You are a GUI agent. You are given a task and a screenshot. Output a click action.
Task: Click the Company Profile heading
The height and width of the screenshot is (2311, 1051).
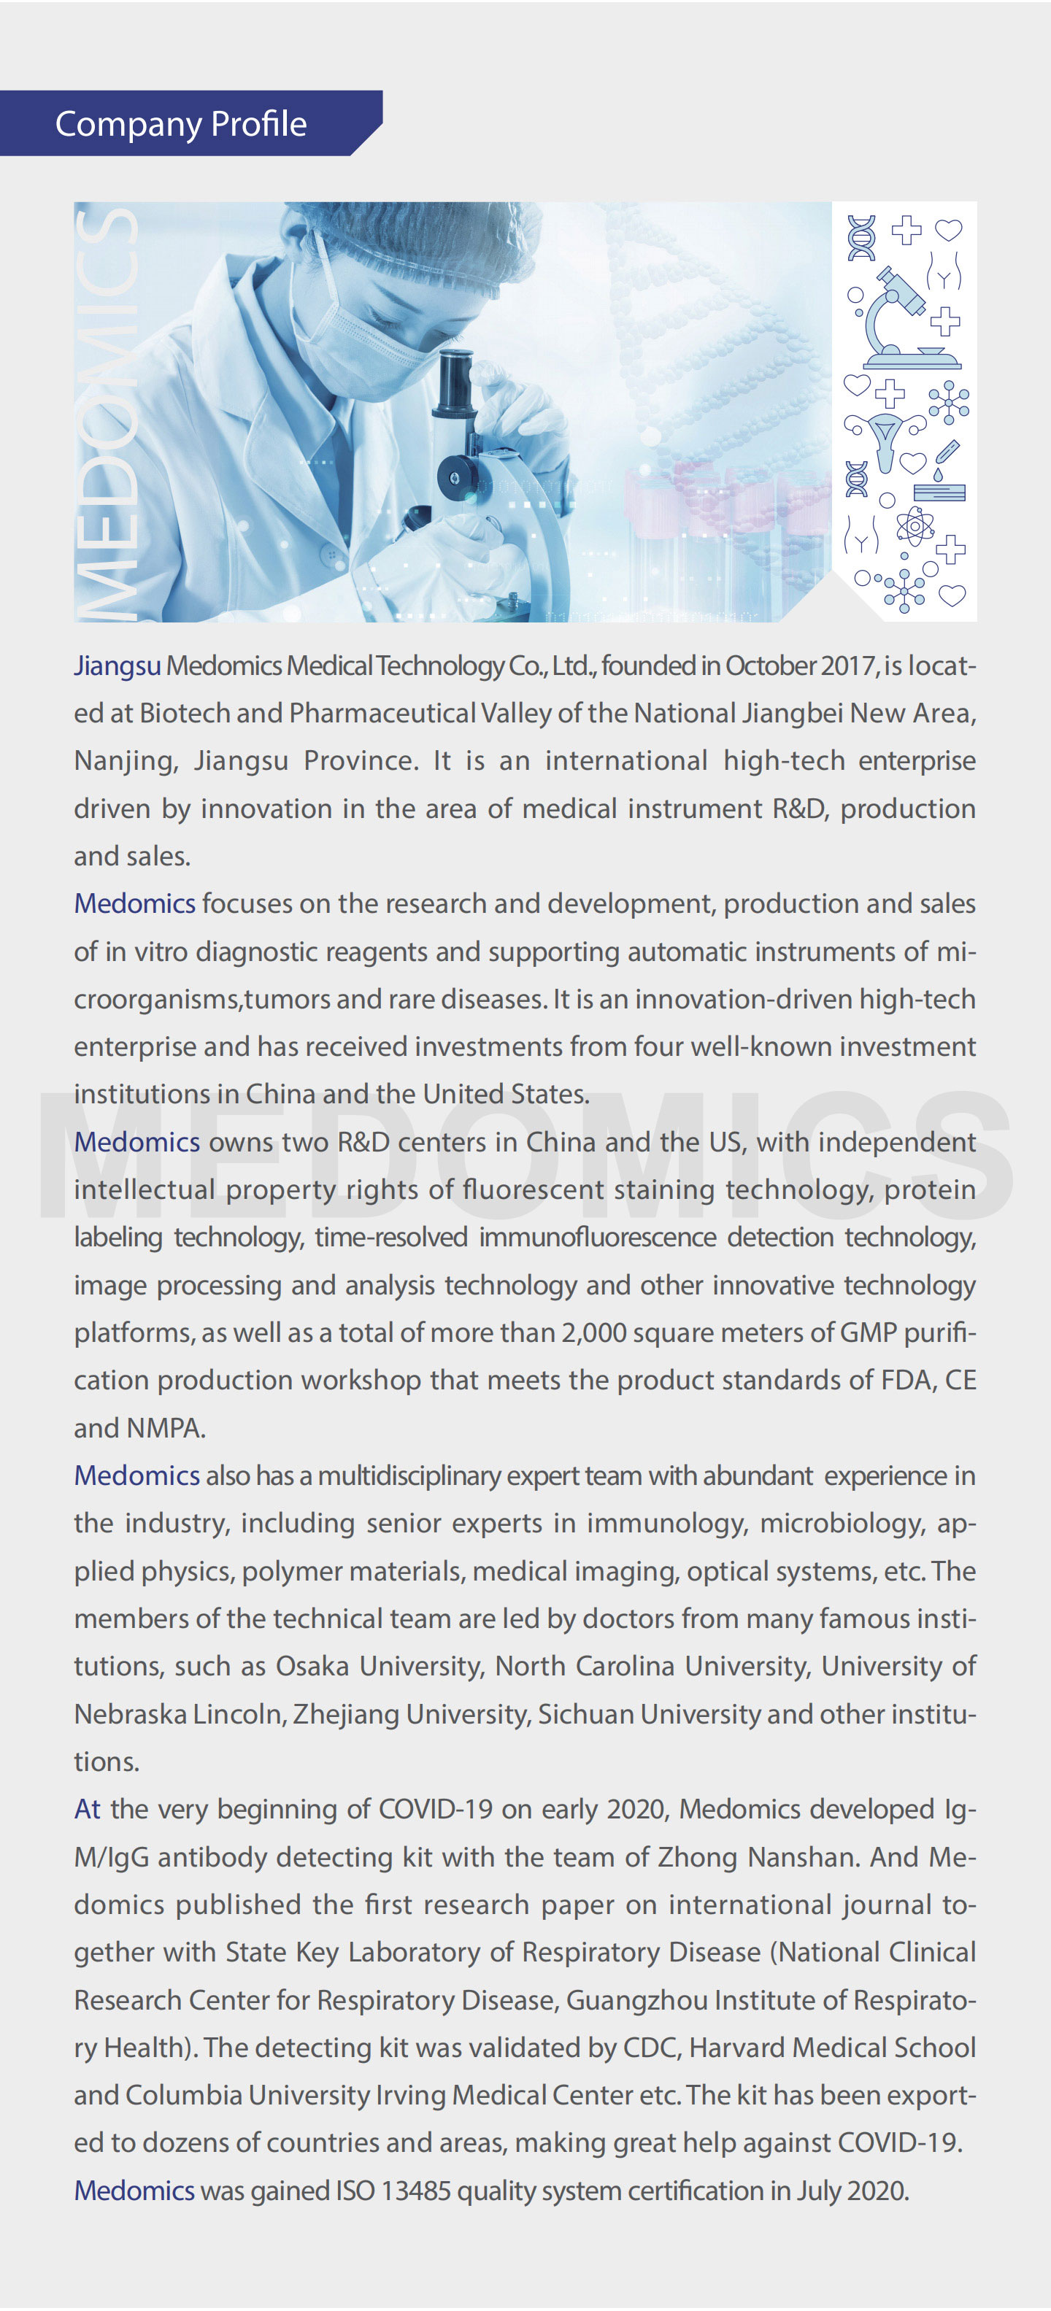[180, 124]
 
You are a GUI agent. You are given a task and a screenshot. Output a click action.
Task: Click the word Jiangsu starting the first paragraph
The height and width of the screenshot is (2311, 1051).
[117, 665]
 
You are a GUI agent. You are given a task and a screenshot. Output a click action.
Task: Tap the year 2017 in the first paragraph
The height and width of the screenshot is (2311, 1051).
[847, 665]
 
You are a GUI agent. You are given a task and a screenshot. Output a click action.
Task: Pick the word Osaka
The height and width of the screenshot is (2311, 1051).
[312, 1666]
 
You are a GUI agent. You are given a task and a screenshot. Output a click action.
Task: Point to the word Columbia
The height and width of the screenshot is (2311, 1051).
[183, 2095]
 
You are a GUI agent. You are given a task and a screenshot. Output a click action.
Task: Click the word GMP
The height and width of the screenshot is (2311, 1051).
[868, 1332]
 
